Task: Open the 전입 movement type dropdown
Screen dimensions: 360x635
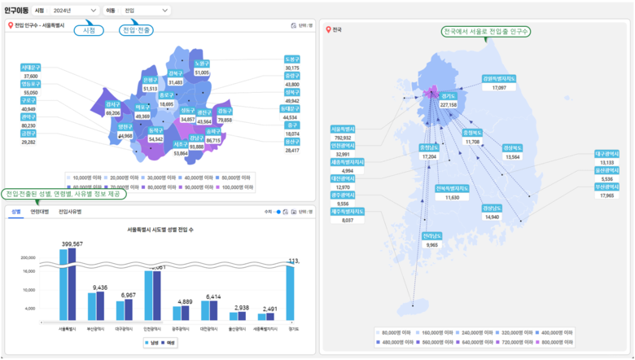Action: pyautogui.click(x=147, y=11)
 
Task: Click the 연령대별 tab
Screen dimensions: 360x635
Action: pyautogui.click(x=40, y=211)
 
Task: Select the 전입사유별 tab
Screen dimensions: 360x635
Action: pyautogui.click(x=70, y=211)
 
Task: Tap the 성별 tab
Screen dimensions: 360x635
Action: pyautogui.click(x=15, y=211)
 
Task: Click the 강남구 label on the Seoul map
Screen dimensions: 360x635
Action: pyautogui.click(x=196, y=138)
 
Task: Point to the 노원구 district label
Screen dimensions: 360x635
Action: pyautogui.click(x=202, y=64)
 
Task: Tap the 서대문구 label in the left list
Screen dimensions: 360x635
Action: pyautogui.click(x=31, y=68)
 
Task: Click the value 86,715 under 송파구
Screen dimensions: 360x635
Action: pyautogui.click(x=213, y=141)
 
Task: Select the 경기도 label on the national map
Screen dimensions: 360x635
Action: pyautogui.click(x=449, y=96)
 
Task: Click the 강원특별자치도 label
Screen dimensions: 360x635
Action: pyautogui.click(x=499, y=79)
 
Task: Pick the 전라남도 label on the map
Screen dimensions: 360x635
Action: pyautogui.click(x=431, y=235)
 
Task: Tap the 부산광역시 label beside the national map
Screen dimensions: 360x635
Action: pyautogui.click(x=606, y=187)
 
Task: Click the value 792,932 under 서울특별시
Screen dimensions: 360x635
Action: pyautogui.click(x=343, y=138)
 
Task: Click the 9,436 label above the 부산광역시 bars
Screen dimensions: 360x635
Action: pyautogui.click(x=100, y=288)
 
